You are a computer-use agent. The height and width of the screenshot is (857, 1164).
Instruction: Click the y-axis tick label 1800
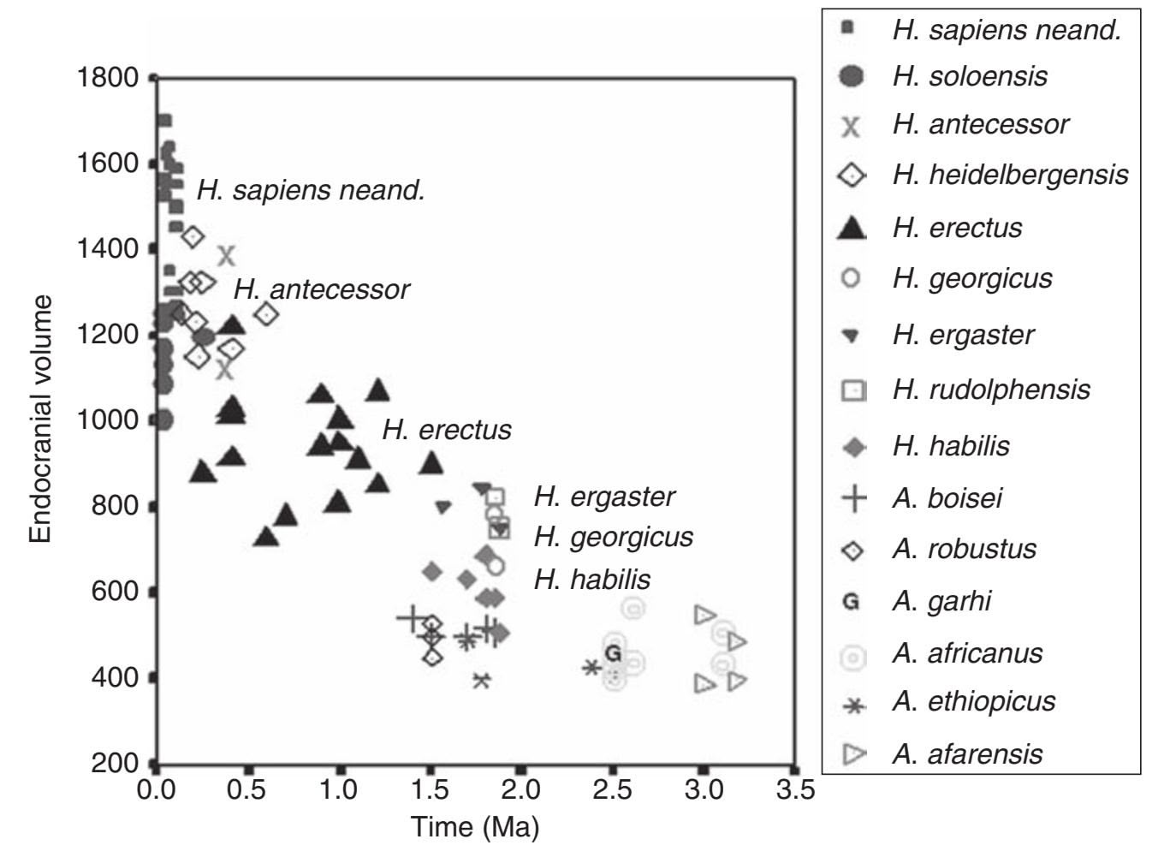107,78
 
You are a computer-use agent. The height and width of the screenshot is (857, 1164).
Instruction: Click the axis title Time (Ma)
475,827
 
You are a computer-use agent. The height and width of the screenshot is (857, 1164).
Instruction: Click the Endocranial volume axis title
40,420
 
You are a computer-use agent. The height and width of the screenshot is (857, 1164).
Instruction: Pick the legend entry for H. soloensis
969,76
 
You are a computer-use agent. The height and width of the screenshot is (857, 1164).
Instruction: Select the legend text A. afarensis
967,753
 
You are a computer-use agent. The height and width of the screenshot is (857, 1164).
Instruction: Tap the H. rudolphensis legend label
990,390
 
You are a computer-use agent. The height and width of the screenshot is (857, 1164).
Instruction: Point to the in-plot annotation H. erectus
446,429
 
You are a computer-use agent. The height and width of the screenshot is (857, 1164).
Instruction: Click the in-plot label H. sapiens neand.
311,190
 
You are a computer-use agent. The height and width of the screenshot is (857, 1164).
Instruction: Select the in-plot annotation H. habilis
591,580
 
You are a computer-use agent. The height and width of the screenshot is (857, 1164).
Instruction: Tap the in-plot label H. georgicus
613,537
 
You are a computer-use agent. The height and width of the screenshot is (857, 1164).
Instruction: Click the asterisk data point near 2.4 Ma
591,667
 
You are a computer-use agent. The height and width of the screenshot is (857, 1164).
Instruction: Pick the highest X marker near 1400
227,255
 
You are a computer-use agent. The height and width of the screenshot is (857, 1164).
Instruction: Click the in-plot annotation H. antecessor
322,289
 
